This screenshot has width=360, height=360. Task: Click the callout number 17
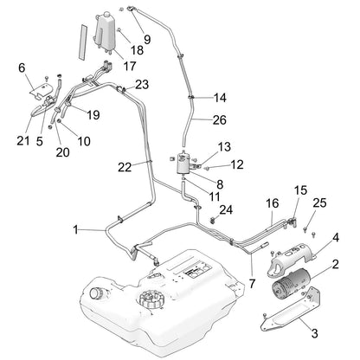tap(130, 67)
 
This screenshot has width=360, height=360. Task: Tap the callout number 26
tap(220, 120)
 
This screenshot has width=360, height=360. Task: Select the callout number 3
tap(314, 333)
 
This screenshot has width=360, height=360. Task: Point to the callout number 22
tap(125, 167)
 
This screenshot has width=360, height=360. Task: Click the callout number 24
tap(226, 209)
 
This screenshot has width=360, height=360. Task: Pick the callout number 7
tap(252, 284)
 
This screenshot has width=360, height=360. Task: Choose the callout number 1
tap(75, 230)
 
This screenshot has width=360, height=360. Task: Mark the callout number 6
tap(22, 68)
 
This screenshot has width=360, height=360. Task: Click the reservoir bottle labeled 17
tap(104, 31)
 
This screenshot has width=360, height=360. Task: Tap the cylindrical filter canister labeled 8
tap(183, 163)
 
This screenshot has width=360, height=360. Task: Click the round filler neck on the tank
tap(95, 293)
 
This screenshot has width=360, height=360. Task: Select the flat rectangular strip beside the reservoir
tap(83, 42)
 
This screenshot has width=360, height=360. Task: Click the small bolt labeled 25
tap(305, 228)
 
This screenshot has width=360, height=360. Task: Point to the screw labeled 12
tap(206, 167)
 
